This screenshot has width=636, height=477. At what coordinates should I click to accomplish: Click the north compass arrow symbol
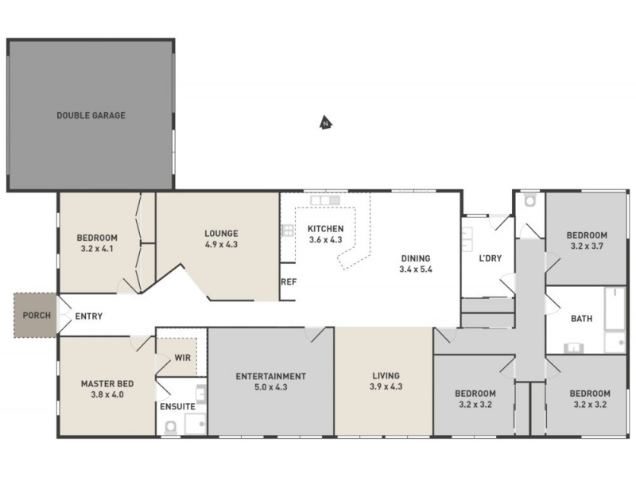(324, 122)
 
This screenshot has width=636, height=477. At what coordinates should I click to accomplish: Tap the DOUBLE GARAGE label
(91, 115)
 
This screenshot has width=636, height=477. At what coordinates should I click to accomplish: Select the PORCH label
(36, 316)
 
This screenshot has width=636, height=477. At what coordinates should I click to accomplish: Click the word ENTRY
(88, 316)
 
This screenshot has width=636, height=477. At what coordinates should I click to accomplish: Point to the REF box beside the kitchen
(288, 282)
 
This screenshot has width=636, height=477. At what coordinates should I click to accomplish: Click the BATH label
(581, 319)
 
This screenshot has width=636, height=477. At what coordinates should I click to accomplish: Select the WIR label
(182, 358)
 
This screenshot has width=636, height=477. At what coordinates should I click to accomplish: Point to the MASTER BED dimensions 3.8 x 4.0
(107, 394)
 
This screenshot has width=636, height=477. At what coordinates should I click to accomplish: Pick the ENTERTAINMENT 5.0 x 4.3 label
(271, 382)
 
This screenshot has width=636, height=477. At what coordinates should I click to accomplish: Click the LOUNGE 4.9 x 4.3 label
(221, 238)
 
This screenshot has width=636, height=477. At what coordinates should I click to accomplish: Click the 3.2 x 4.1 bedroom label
(97, 243)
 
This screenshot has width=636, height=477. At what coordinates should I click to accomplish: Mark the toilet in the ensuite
(169, 428)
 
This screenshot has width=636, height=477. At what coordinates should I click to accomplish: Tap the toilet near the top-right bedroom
(530, 202)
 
